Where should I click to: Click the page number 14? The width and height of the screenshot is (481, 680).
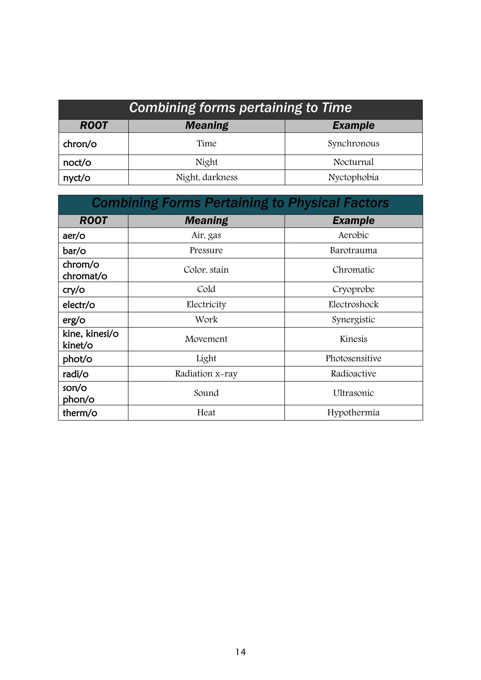pos(240,652)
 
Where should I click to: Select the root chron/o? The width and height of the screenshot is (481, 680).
pos(80,144)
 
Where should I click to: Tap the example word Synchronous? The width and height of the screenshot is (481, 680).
pos(353,143)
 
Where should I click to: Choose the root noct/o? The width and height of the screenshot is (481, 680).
pos(77,162)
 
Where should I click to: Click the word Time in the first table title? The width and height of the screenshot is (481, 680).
pos(337,108)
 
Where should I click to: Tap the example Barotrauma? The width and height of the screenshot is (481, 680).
pos(353,250)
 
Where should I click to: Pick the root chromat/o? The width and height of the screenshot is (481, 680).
pos(85,276)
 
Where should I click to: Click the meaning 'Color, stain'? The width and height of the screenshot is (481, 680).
pos(206,270)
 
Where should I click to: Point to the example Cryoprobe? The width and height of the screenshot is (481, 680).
pos(353,289)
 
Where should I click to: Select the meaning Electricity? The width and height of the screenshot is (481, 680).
pos(206,305)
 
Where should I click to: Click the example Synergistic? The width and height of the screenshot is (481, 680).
pos(353,320)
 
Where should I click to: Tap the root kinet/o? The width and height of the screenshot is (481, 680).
pos(78,345)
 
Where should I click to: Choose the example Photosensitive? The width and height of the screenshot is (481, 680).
pos(353,358)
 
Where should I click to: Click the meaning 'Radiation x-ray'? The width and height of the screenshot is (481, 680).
pos(206,374)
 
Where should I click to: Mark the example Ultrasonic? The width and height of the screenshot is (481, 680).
pos(353,393)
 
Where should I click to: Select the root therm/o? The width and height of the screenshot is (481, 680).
pos(80,413)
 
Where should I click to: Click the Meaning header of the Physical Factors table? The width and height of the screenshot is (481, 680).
pos(206,221)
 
